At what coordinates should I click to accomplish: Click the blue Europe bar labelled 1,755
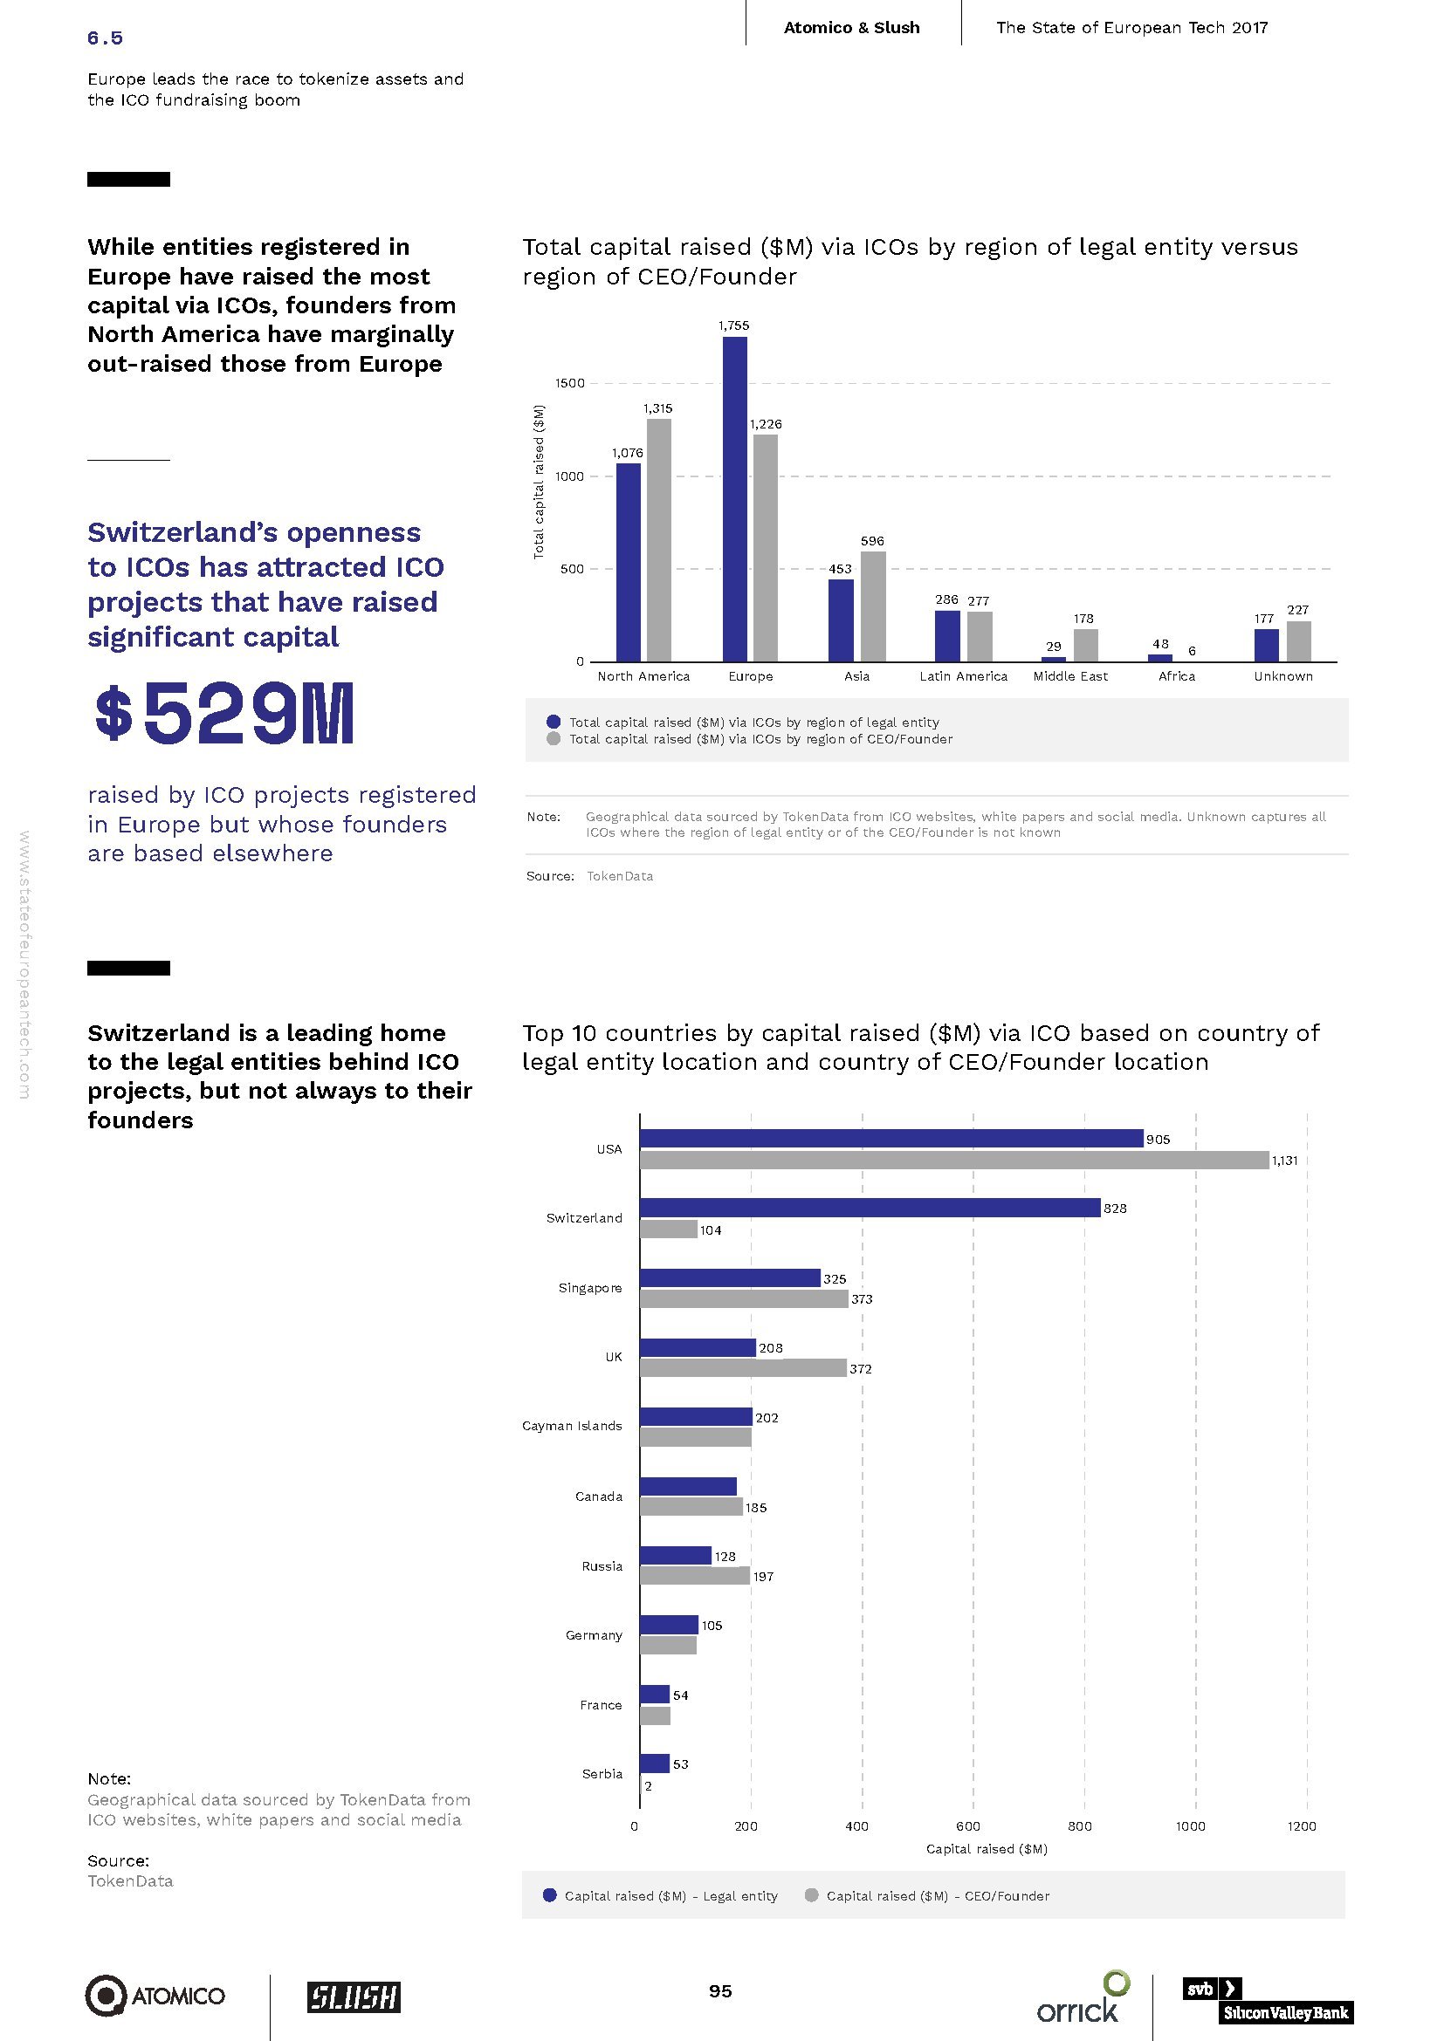click(x=734, y=499)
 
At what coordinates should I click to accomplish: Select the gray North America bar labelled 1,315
click(x=659, y=539)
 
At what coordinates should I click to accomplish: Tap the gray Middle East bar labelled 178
click(x=1086, y=646)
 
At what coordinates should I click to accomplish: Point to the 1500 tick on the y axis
click(x=570, y=383)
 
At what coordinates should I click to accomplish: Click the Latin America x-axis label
click(x=963, y=676)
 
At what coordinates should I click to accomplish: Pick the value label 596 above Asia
click(x=872, y=540)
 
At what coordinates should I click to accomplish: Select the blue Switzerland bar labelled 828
click(x=870, y=1207)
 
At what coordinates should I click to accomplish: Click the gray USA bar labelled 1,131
click(x=954, y=1160)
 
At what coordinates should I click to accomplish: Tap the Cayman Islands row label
click(x=572, y=1426)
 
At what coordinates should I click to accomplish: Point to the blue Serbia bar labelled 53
click(x=655, y=1764)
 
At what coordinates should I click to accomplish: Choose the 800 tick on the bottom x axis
click(x=1079, y=1825)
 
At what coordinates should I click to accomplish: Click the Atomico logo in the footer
click(x=155, y=1996)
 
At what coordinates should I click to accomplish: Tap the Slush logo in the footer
click(x=354, y=1996)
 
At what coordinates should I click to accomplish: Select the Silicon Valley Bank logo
click(x=1267, y=1999)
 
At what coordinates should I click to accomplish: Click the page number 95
click(x=720, y=1991)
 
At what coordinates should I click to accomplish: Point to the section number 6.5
click(x=105, y=38)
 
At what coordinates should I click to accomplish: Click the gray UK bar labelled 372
click(x=742, y=1368)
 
